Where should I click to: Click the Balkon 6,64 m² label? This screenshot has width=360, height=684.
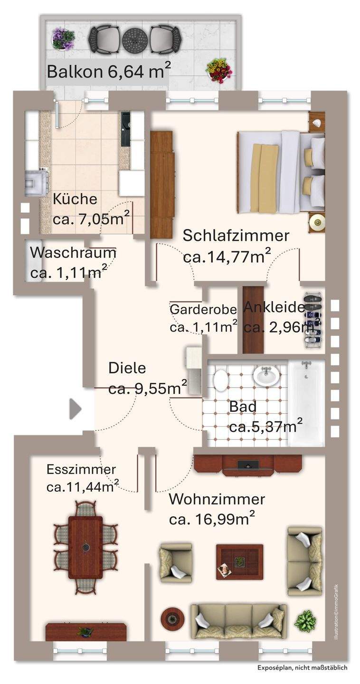[109, 72]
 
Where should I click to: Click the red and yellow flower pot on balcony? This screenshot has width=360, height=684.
[219, 71]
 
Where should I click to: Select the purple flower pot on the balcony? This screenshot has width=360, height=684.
[63, 38]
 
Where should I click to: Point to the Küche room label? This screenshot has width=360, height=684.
[75, 199]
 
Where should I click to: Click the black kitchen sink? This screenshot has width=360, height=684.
[125, 129]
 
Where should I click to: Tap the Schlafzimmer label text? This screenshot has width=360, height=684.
[236, 236]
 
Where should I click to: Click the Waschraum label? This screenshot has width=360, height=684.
[73, 253]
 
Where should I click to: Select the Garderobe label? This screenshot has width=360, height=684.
[203, 310]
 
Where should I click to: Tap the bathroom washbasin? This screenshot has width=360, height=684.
[266, 376]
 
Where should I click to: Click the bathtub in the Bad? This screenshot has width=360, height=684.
[306, 402]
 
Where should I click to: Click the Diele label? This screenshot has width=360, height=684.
[127, 368]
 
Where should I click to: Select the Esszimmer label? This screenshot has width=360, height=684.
[81, 470]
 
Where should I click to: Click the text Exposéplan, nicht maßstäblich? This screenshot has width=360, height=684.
[302, 667]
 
